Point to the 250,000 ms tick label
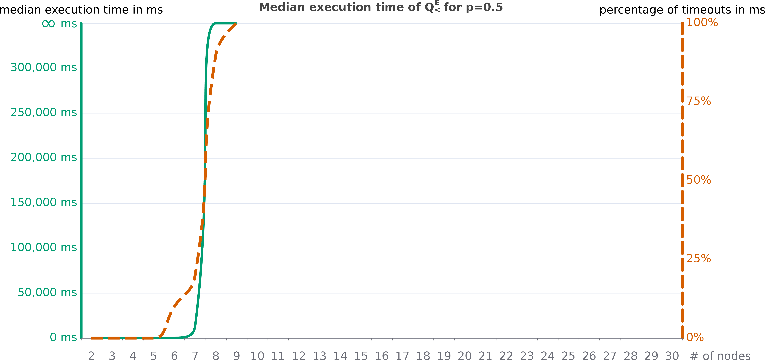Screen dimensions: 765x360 point(44,113)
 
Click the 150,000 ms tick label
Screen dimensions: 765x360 point(44,203)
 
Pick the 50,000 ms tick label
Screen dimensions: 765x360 point(47,293)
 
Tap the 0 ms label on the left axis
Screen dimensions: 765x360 point(63,337)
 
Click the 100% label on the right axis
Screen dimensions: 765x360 point(702,23)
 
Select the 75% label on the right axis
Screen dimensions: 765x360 point(699,101)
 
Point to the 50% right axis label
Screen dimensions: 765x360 point(699,180)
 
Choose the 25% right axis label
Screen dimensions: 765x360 point(699,259)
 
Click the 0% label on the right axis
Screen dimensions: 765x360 point(695,337)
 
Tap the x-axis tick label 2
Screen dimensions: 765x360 point(91,356)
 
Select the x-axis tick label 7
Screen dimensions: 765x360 point(195,356)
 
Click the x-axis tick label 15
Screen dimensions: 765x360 point(361,356)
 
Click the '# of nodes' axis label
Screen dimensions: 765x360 point(720,356)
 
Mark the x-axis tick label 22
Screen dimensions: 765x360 point(506,356)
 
